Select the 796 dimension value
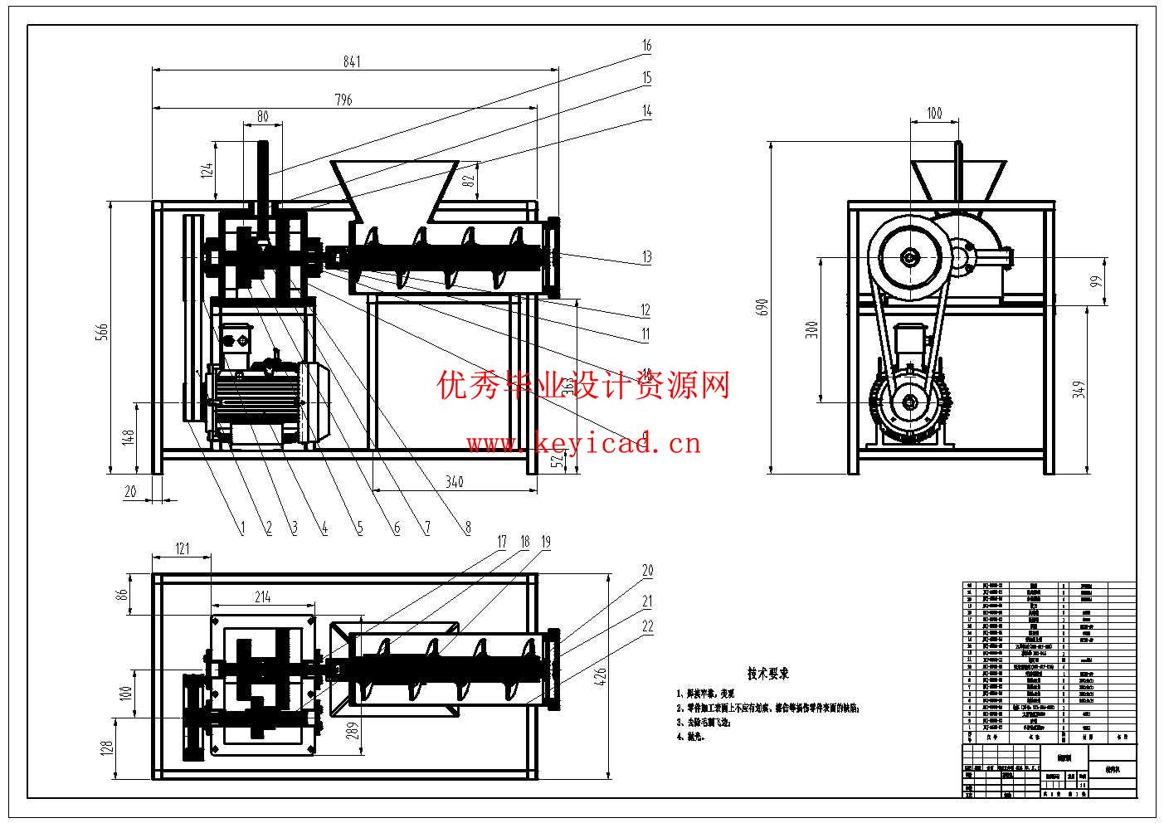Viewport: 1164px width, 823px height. pyautogui.click(x=343, y=100)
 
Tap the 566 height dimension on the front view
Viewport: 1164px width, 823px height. pyautogui.click(x=101, y=332)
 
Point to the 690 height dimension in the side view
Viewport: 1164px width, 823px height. pyautogui.click(x=762, y=306)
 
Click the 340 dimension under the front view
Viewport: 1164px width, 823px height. pyautogui.click(x=454, y=481)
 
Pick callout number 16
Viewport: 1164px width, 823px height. pyautogui.click(x=646, y=46)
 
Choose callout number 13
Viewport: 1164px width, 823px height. pyautogui.click(x=646, y=258)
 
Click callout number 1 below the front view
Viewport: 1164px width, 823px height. pyautogui.click(x=242, y=527)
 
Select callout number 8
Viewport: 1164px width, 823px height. pyautogui.click(x=467, y=527)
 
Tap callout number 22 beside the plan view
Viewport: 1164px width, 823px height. pyautogui.click(x=647, y=627)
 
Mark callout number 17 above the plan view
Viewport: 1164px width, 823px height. pyautogui.click(x=501, y=542)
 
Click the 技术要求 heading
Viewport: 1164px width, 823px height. pyautogui.click(x=767, y=674)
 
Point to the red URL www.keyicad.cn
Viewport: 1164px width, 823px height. pyautogui.click(x=583, y=444)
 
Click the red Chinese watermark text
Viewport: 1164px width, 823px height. pyautogui.click(x=583, y=384)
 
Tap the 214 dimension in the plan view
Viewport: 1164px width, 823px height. pyautogui.click(x=262, y=597)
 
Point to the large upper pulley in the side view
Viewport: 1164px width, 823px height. pyautogui.click(x=910, y=258)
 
